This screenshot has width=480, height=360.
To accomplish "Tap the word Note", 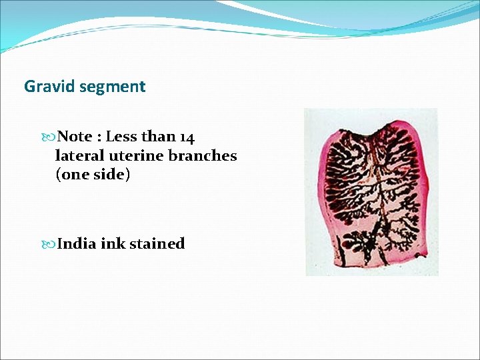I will click(x=75, y=137).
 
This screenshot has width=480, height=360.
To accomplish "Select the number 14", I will click(x=187, y=137).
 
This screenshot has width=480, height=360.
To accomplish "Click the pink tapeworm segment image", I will click(x=371, y=192).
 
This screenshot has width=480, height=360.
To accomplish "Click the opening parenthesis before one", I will click(x=58, y=175).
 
